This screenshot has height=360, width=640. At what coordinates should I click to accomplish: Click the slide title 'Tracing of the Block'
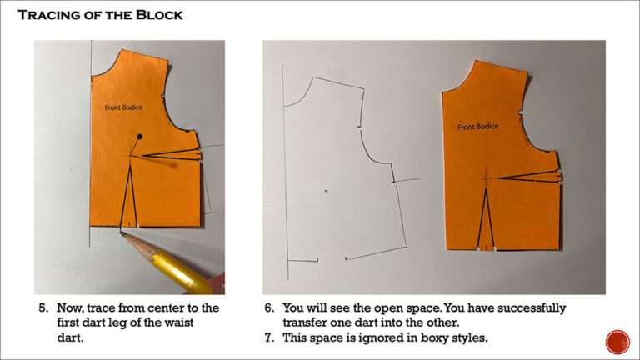pos(101,15)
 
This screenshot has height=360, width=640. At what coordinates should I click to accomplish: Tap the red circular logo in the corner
pos(617,342)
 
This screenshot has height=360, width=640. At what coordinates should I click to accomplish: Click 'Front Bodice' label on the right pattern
pos(478,127)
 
